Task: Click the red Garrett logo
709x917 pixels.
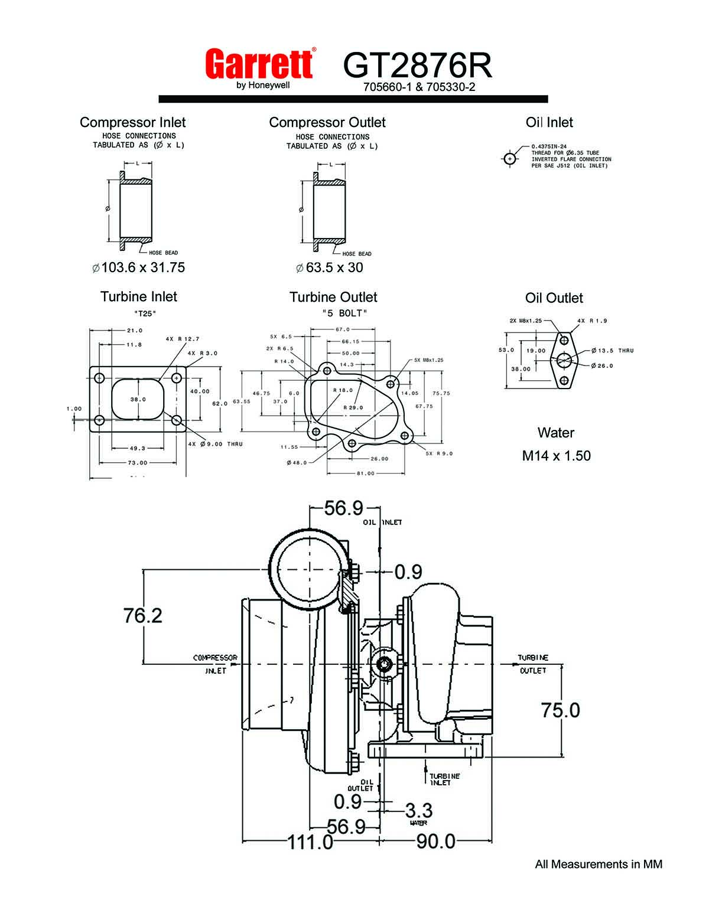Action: point(259,64)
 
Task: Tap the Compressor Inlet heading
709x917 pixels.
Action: point(132,122)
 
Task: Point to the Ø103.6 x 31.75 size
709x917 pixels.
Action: point(139,267)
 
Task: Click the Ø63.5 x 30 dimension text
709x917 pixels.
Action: point(330,267)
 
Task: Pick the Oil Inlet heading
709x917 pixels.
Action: point(549,122)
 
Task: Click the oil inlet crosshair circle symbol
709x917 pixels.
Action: point(509,159)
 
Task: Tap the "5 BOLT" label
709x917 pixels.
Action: point(345,314)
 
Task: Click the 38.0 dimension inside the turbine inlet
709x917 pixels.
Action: point(138,399)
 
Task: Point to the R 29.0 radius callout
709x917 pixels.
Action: point(353,407)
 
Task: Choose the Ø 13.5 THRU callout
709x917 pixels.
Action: point(612,351)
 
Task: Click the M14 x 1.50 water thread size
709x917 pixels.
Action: point(556,456)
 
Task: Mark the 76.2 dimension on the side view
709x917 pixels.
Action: point(142,615)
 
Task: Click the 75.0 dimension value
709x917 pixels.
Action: point(560,710)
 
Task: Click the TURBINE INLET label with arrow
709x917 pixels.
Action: point(444,779)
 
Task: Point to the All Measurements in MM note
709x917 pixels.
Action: point(599,864)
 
